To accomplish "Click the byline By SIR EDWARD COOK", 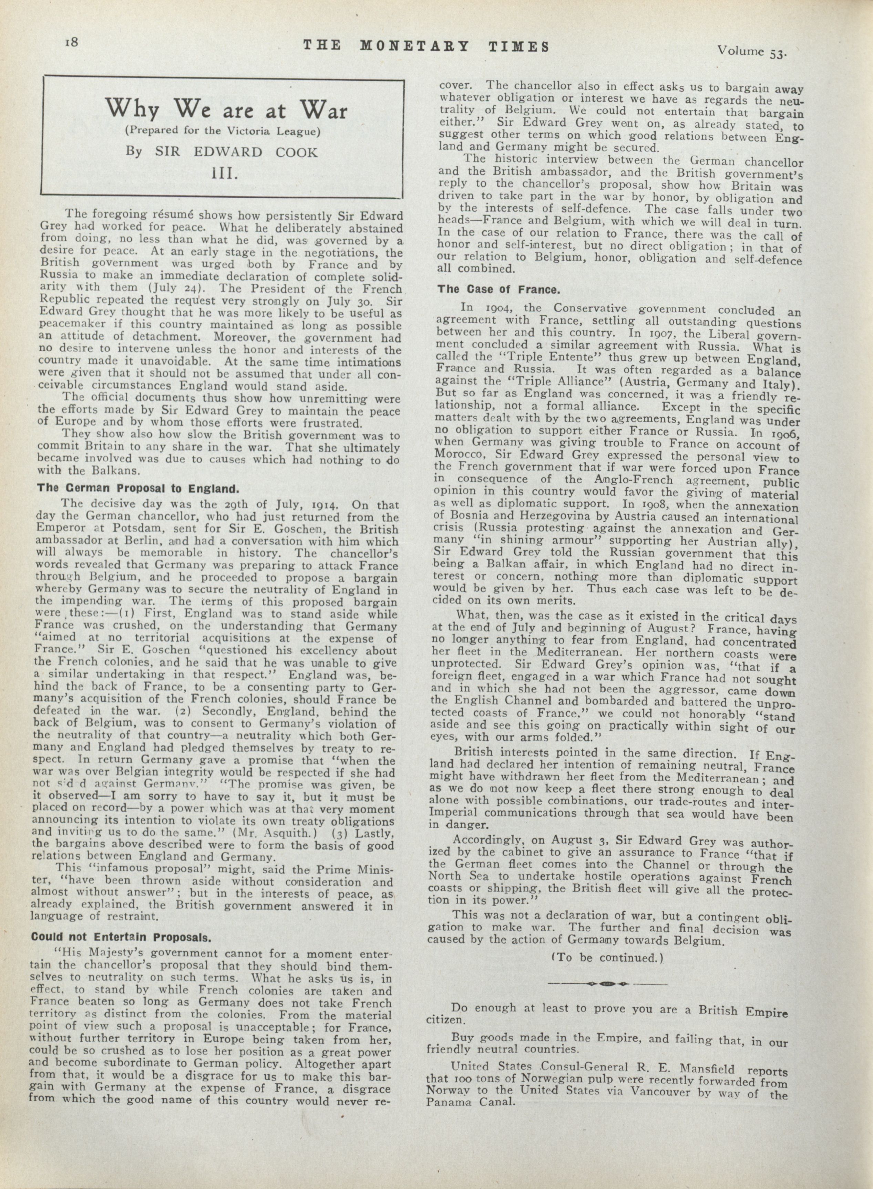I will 222,152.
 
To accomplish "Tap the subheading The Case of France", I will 498,290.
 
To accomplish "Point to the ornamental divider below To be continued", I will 607,983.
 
